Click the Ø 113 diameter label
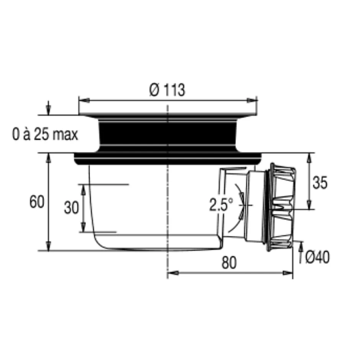167,90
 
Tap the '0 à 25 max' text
45,134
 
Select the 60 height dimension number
37,202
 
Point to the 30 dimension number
71,208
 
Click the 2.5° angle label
221,205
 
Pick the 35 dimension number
320,183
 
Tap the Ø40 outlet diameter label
317,257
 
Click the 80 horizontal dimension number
229,263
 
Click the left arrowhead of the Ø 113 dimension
84,100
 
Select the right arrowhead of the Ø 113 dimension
252,100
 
